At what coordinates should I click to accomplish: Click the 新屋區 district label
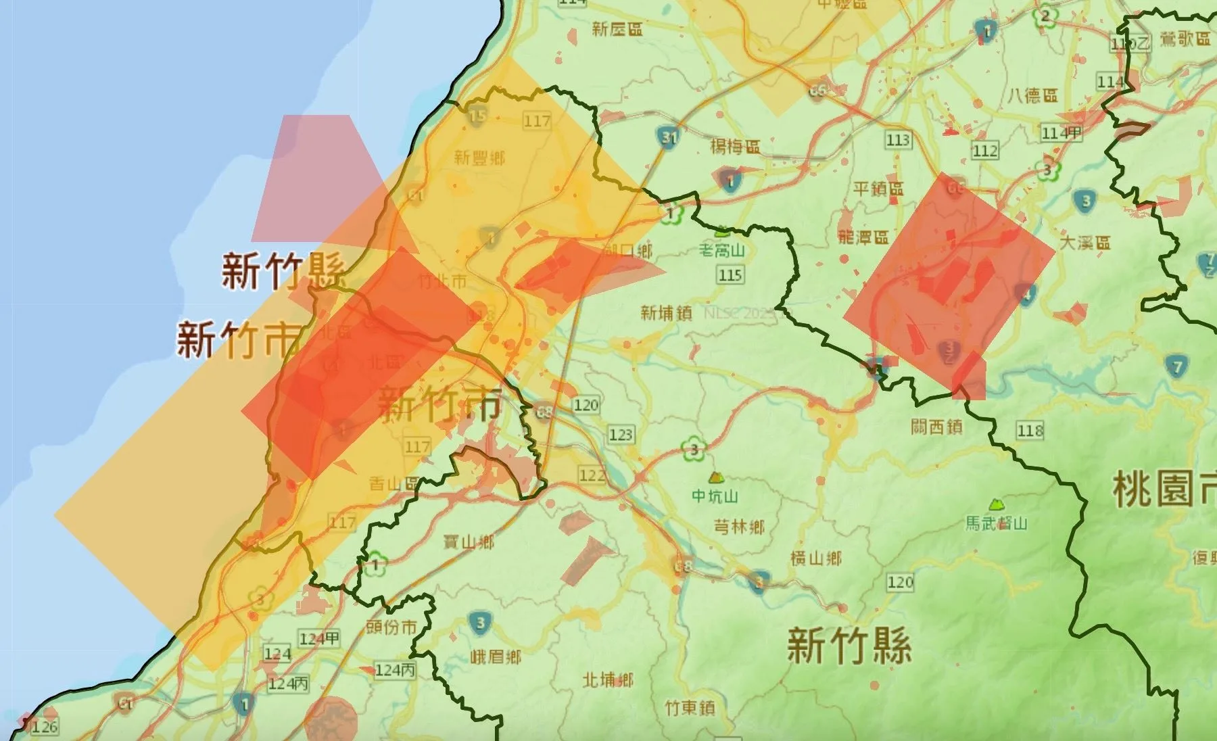point(617,28)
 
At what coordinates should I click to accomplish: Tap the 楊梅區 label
point(735,146)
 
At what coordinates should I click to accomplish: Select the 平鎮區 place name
point(878,188)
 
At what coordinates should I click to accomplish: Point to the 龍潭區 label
point(863,237)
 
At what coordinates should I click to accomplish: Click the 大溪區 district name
point(1085,242)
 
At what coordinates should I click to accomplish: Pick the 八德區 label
point(1032,95)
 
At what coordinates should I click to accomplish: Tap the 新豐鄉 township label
point(479,158)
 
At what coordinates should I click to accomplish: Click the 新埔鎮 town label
point(666,312)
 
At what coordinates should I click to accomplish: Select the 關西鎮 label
point(936,427)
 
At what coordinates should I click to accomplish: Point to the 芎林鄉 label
point(739,526)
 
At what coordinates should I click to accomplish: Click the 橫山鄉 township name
point(816,558)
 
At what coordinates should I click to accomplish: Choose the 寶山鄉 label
point(468,542)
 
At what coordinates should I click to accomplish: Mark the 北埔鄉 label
point(608,679)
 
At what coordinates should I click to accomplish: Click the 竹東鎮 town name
point(690,708)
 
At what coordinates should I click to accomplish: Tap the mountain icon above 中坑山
point(714,477)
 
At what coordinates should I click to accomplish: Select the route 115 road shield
point(731,275)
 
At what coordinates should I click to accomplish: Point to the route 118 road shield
point(1030,430)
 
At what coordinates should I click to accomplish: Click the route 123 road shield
point(621,434)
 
